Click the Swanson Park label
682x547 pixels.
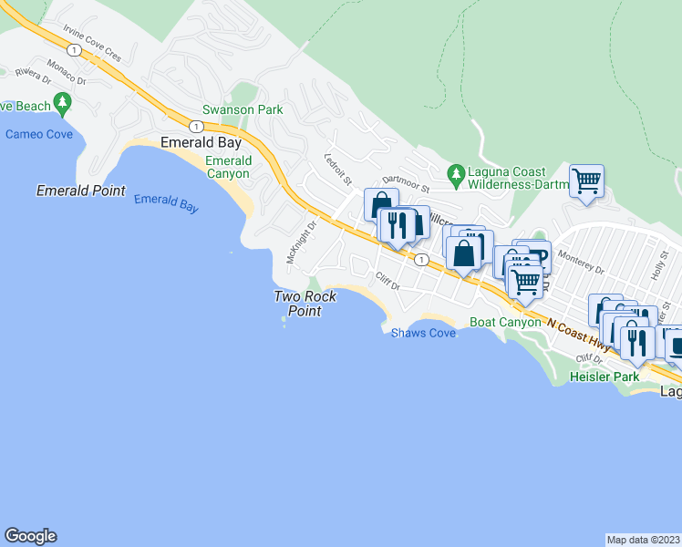coord(243,109)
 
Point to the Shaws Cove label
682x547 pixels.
coord(423,334)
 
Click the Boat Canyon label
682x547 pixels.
coord(506,322)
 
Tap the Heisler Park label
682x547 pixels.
coord(602,376)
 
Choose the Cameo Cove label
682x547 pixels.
coord(38,134)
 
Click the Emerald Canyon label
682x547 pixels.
coord(228,167)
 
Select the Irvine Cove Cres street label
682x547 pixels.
coord(92,42)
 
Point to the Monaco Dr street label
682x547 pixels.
coord(66,74)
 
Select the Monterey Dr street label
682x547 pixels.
coord(580,263)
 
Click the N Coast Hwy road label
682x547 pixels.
coord(578,333)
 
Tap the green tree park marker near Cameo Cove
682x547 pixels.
coord(63,101)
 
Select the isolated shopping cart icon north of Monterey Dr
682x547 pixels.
coord(586,180)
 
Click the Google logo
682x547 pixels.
coord(30,536)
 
